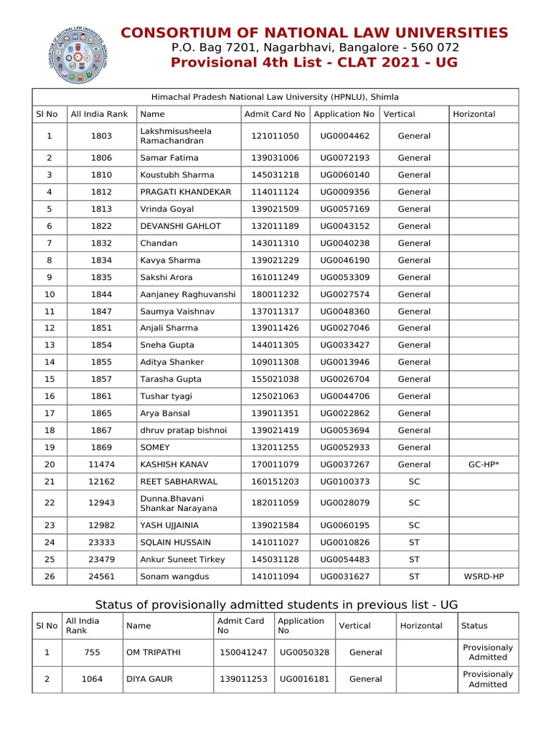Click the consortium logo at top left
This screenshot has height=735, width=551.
80,55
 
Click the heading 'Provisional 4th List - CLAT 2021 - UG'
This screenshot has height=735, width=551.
314,62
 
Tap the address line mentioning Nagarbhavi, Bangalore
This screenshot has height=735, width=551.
314,47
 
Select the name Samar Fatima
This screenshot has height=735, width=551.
169,158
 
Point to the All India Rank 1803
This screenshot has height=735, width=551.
101,136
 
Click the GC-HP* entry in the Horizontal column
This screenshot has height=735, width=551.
483,464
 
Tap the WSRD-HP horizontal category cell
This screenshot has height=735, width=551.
483,576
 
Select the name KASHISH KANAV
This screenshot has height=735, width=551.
173,464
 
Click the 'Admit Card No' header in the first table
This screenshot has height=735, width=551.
275,114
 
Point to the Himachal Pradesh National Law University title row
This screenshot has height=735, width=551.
275,97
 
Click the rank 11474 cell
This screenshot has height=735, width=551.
101,464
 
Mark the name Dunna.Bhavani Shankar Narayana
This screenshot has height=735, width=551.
176,503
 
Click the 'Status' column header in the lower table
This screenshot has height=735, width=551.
474,626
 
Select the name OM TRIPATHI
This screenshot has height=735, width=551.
154,652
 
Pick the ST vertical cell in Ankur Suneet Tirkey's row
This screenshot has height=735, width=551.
414,559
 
